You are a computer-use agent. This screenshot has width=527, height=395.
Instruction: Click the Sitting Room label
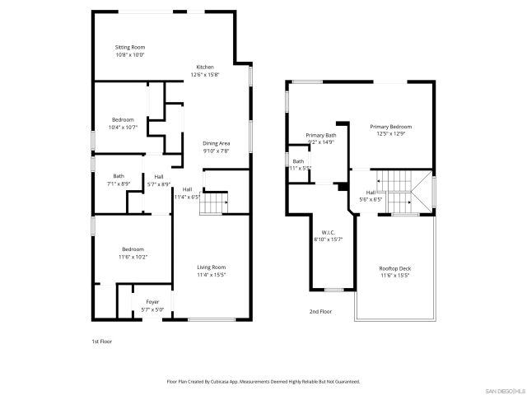(129, 51)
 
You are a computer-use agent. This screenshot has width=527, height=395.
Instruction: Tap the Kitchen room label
(204, 71)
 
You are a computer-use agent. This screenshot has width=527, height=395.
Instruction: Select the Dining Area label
(217, 147)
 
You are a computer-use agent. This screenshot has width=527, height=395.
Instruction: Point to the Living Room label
(212, 271)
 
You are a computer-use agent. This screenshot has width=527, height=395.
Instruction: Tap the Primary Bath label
(321, 139)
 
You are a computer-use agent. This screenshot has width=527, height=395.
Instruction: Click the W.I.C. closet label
(329, 236)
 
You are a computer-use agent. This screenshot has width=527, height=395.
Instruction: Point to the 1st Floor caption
(100, 341)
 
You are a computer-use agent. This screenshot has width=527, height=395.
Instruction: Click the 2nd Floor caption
(319, 312)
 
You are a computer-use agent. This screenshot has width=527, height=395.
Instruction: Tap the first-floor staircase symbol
(216, 202)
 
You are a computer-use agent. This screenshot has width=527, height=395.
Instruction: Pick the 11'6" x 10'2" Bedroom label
(133, 253)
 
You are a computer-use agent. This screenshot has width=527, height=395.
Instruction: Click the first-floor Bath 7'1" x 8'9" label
(119, 179)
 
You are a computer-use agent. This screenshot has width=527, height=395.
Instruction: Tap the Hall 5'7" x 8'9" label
(158, 180)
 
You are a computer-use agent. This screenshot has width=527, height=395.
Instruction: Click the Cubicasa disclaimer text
(263, 382)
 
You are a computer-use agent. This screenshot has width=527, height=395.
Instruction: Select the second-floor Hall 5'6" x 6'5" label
(371, 195)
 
